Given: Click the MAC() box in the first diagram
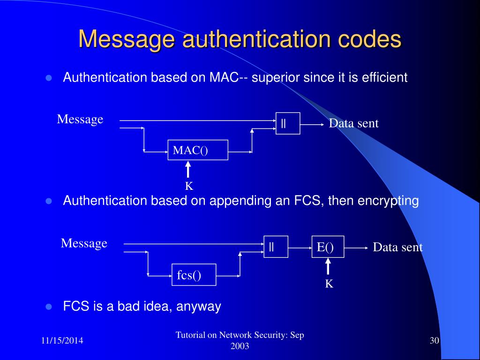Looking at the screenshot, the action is [x=198, y=150].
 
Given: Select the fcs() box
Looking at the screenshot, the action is [x=193, y=275].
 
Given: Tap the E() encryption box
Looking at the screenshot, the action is [x=328, y=247].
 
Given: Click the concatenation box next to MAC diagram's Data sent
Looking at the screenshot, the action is [x=288, y=123].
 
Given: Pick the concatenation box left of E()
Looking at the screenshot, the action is [x=276, y=247].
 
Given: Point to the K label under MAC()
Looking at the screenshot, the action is [x=189, y=186].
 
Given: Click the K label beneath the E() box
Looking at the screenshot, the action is [x=329, y=284].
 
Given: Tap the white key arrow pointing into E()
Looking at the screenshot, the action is [x=328, y=267].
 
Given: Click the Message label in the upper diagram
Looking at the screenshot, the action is [x=80, y=119].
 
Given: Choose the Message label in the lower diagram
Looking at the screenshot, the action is [x=84, y=243].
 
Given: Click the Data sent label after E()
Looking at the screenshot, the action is [x=397, y=247].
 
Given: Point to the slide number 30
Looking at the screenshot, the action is [x=434, y=340].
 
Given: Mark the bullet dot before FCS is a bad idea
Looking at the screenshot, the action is [x=48, y=307].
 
